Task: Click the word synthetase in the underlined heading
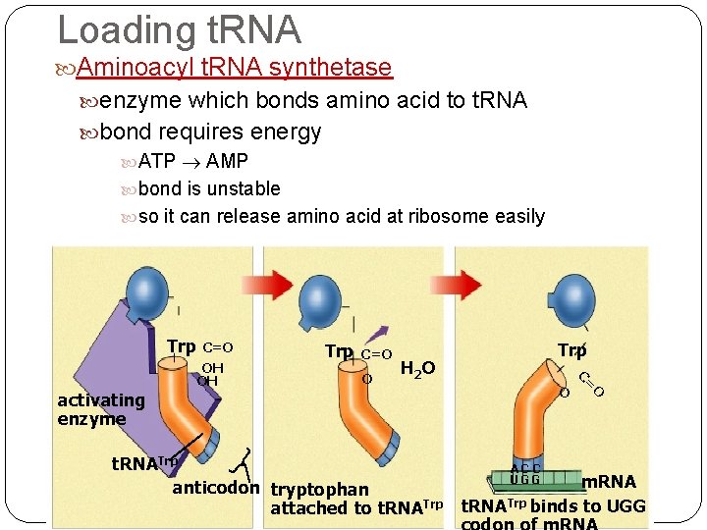tap(330, 67)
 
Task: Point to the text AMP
tap(227, 161)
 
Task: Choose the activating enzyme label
tap(100, 409)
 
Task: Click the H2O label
tap(417, 368)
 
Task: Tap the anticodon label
tap(216, 488)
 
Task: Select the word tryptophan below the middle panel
tap(319, 489)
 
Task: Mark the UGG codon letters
tap(526, 479)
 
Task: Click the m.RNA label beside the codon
tap(609, 482)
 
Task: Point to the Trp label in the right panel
tap(571, 350)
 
